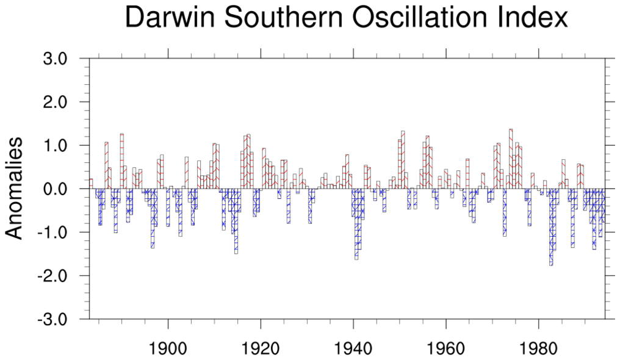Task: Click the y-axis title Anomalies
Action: click(x=15, y=188)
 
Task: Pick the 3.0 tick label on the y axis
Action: click(x=60, y=59)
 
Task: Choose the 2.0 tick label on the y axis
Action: click(x=60, y=103)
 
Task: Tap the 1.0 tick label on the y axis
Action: click(x=60, y=146)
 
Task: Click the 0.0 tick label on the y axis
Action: click(x=60, y=189)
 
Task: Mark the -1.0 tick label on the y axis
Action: click(x=57, y=232)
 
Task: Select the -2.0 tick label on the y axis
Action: click(x=57, y=276)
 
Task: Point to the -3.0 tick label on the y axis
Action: click(x=57, y=319)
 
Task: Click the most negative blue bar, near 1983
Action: click(x=551, y=229)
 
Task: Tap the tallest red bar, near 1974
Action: click(x=511, y=159)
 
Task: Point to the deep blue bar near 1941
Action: click(x=356, y=226)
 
